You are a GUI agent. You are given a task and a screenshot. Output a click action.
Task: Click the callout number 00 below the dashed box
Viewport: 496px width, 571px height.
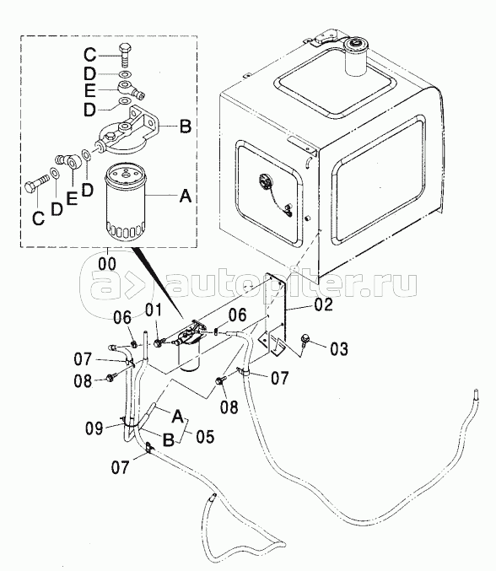click(x=107, y=264)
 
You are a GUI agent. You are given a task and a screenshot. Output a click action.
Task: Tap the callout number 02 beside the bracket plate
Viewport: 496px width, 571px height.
click(x=323, y=304)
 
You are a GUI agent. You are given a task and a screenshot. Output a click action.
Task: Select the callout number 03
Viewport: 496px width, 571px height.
click(x=338, y=349)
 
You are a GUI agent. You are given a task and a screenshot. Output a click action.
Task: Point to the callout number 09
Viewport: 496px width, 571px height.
click(x=94, y=428)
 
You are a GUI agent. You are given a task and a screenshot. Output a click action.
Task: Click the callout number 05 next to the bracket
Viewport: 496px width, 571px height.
click(x=205, y=436)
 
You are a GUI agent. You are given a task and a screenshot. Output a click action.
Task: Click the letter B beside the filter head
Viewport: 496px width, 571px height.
click(x=186, y=127)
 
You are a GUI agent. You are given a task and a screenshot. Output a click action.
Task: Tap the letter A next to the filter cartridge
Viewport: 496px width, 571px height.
click(x=186, y=197)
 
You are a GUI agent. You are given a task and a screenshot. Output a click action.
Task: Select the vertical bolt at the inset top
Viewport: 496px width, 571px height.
click(x=125, y=56)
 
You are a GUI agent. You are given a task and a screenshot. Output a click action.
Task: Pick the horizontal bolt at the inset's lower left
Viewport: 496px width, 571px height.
click(x=37, y=182)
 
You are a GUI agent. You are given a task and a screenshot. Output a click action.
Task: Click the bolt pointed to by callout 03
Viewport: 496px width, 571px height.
click(x=304, y=340)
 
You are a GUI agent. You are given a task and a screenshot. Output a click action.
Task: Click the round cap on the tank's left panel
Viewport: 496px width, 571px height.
click(x=265, y=181)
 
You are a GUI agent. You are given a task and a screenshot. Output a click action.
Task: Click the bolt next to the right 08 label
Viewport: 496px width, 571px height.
click(x=219, y=380)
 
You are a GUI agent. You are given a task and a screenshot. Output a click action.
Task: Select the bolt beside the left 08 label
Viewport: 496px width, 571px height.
click(x=110, y=378)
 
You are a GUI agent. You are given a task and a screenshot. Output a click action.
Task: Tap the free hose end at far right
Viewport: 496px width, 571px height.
click(x=476, y=395)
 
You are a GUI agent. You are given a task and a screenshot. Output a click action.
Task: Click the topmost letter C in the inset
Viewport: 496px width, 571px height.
click(x=89, y=55)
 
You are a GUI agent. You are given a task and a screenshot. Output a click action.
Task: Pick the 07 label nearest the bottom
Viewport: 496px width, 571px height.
click(x=120, y=467)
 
